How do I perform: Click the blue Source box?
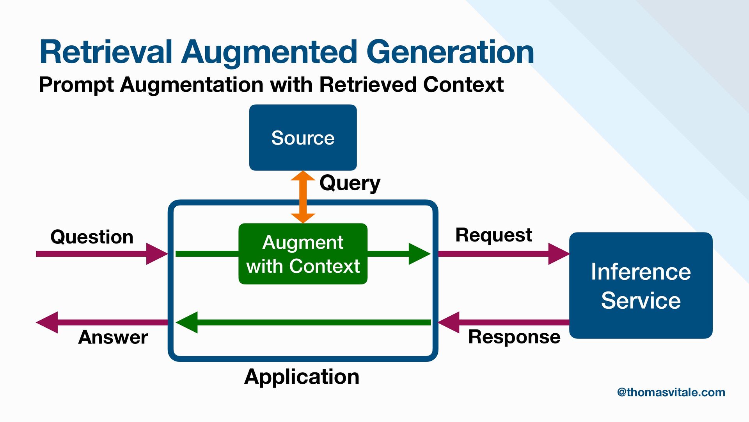pos(303,138)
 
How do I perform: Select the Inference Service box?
pos(641,285)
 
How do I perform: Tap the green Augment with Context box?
pos(303,254)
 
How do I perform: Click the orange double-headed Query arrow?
pos(303,197)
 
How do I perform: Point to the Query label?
pos(350,183)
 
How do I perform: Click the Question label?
pos(92,237)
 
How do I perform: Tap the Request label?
pos(493,235)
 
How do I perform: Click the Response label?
pos(514,337)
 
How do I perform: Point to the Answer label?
pos(113,337)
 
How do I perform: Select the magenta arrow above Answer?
pos(101,322)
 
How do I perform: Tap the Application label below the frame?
pos(302,377)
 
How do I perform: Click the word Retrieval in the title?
pos(106,52)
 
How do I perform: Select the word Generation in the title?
pos(450,52)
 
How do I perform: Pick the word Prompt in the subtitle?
pos(76,85)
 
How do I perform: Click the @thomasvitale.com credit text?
pos(671,392)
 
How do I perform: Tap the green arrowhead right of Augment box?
pos(419,254)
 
